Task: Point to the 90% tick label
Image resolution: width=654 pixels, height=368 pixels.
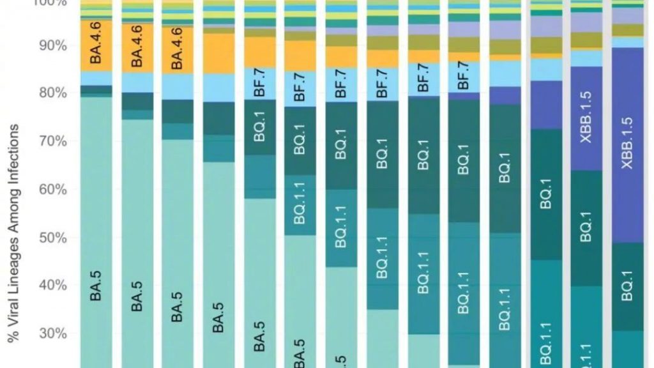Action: pos(52,45)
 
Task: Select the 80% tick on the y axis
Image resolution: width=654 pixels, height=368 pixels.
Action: pos(52,93)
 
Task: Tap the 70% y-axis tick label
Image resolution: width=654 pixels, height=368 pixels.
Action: pos(52,141)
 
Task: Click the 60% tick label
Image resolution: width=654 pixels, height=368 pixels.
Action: pos(52,190)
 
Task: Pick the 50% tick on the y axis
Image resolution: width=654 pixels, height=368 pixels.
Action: pos(52,238)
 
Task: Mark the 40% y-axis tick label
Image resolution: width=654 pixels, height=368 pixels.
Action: pos(52,286)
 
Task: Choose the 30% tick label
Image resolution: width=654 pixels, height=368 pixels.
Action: pos(52,333)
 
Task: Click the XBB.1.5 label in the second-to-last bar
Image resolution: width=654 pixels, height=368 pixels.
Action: pos(586,117)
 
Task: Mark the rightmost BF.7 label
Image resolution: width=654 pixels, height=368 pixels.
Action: pos(464,75)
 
